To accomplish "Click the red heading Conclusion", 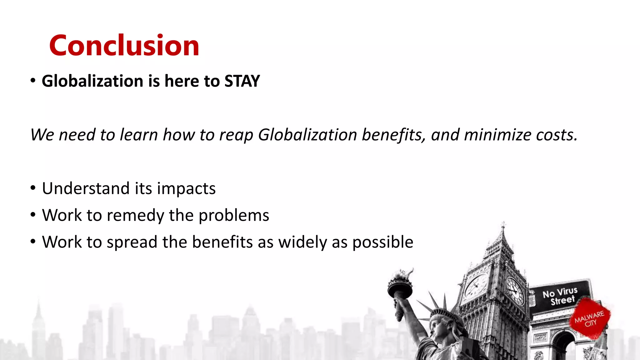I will (124, 46).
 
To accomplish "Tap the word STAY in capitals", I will (242, 81).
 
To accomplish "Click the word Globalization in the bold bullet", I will (92, 81).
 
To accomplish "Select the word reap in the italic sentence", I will (236, 135).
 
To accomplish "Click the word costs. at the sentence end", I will (557, 135).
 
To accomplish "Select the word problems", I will (234, 216).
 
